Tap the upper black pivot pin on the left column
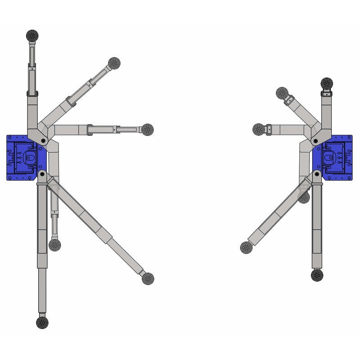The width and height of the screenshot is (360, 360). (43, 141)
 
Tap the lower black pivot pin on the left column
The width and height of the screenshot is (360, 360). (42, 173)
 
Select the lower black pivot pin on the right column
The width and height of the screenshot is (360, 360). (317, 173)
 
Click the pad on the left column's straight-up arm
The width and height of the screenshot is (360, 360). (32, 35)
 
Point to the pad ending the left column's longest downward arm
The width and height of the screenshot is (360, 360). (42, 322)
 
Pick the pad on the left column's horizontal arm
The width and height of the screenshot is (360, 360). (147, 130)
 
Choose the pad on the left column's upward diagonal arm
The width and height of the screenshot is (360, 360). (114, 63)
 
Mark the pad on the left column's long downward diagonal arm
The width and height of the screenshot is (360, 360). (148, 279)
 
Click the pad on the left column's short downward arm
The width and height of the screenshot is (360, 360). (54, 245)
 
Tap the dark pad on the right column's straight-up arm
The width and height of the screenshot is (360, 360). (327, 83)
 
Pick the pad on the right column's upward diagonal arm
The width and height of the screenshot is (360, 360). (282, 94)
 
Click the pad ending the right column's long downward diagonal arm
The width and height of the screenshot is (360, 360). (247, 247)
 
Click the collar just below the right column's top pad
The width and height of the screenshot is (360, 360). (326, 94)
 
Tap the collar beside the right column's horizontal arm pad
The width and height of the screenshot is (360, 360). (269, 130)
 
